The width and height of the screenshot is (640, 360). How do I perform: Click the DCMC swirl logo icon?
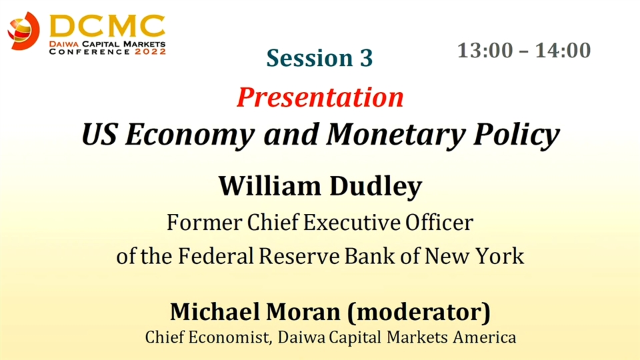tap(24, 31)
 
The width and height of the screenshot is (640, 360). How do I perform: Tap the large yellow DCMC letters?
tap(107, 26)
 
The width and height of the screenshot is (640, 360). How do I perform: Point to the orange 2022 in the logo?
tap(150, 52)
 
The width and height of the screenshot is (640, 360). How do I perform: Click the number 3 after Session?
tap(366, 58)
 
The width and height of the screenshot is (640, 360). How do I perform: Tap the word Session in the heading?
tap(309, 58)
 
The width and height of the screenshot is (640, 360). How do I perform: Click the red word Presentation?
tap(320, 97)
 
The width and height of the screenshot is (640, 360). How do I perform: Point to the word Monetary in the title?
tap(396, 135)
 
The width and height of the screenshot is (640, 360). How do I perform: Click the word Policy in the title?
tap(516, 135)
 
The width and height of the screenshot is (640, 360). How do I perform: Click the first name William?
tap(270, 186)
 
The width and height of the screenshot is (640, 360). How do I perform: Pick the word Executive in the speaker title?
tap(352, 223)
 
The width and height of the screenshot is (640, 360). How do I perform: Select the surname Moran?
tap(303, 312)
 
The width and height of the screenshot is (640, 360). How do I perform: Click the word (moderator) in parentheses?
tap(419, 312)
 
